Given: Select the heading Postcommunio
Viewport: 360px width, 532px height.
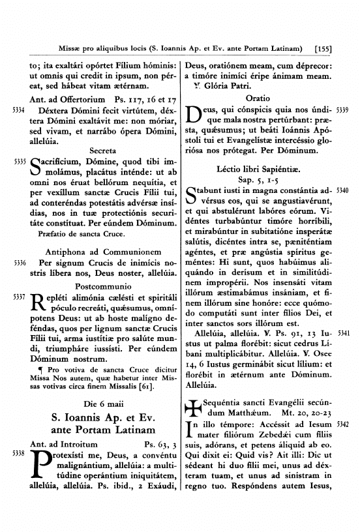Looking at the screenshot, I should (102, 286).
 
